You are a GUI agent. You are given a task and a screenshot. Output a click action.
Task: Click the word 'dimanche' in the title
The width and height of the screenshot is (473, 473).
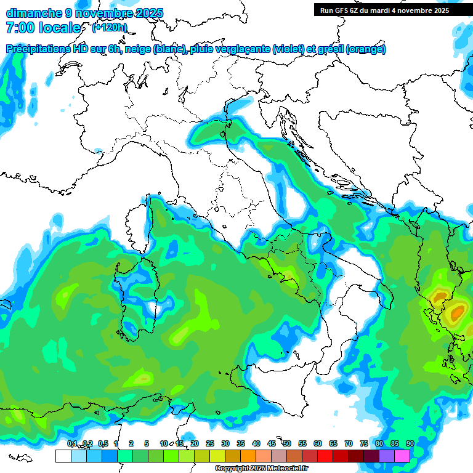click(x=33, y=13)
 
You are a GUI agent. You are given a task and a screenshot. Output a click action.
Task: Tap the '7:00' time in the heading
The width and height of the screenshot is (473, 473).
click(x=19, y=28)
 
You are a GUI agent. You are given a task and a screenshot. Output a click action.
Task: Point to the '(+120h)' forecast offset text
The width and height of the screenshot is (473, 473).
click(x=110, y=27)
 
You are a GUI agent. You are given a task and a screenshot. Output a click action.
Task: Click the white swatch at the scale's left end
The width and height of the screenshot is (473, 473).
click(x=62, y=456)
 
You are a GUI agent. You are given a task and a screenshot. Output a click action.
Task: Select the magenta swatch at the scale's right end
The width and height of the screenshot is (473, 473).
click(x=402, y=456)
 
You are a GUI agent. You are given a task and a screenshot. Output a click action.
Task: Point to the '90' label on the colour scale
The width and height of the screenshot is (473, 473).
click(x=410, y=443)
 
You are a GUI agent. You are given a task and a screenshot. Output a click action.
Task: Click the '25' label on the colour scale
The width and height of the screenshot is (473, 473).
click(x=210, y=443)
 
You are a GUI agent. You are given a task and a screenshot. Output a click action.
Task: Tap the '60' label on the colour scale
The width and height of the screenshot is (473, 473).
click(x=318, y=443)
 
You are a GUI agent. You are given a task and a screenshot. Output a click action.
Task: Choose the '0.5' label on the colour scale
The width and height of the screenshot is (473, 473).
click(x=102, y=443)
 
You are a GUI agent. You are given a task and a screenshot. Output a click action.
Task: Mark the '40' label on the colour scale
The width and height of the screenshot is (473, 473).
click(x=256, y=443)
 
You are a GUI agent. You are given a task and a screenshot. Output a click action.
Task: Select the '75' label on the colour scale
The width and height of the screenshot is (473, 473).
click(x=364, y=443)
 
